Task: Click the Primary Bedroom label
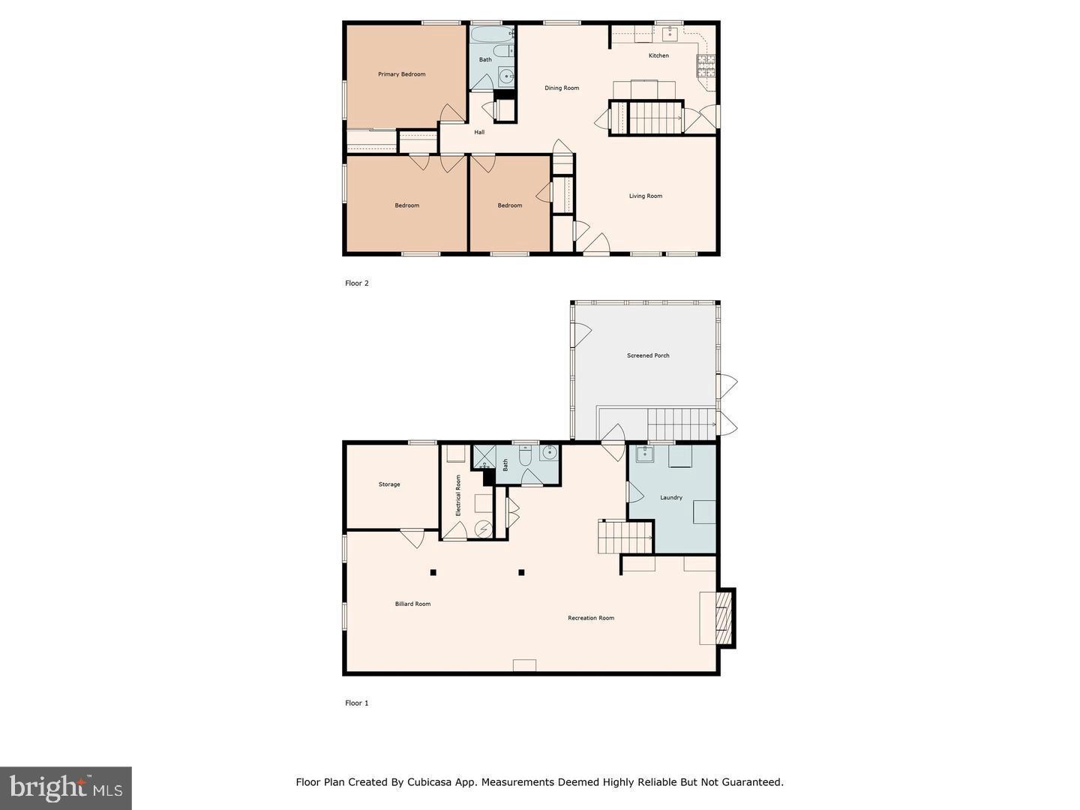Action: [401, 74]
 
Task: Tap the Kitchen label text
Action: [658, 55]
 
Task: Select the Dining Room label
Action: [561, 88]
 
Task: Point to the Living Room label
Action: [645, 196]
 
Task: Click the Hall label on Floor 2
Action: [479, 132]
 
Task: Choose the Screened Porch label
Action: [648, 355]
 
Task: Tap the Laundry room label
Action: [670, 497]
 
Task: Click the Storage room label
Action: [388, 484]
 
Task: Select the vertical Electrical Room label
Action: [458, 495]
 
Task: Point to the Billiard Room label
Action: [412, 604]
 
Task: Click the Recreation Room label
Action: [590, 618]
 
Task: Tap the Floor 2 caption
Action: [357, 283]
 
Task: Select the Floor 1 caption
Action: [357, 703]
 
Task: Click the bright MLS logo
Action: [66, 787]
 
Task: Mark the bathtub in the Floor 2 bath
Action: [492, 34]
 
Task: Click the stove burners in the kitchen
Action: [706, 67]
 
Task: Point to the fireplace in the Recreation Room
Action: [723, 617]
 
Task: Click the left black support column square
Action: [433, 572]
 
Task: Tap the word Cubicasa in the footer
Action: [430, 782]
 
